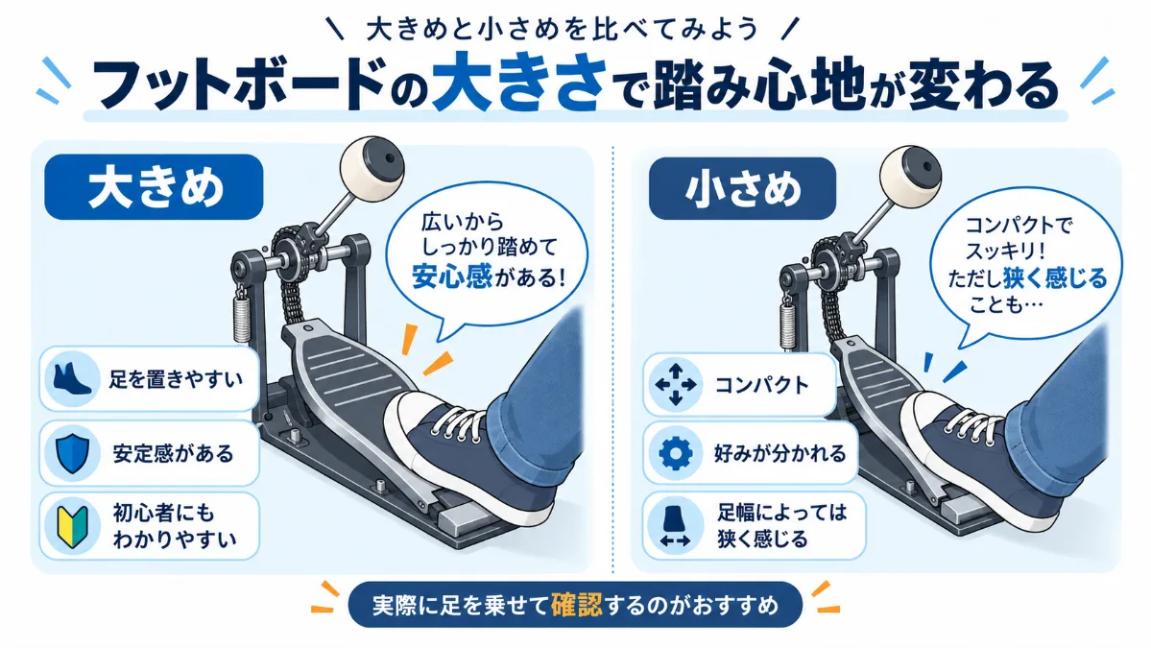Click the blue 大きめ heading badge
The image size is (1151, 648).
tap(154, 187)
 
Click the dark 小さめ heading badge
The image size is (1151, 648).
tap(742, 188)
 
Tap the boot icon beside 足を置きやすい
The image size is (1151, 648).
tap(71, 378)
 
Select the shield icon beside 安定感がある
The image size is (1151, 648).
tap(72, 453)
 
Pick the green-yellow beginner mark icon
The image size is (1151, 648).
tap(72, 525)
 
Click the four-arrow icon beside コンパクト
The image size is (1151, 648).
tap(675, 385)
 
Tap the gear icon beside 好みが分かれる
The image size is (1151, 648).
tap(675, 453)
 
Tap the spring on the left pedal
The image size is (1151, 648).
tap(242, 316)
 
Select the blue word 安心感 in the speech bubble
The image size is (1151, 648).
tap(451, 277)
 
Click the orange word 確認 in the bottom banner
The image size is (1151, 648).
tap(576, 605)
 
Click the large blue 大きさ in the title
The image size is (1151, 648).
tap(519, 83)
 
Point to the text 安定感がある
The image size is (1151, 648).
tap(173, 453)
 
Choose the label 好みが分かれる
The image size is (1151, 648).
tap(779, 453)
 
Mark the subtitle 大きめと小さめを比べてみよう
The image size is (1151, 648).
tap(563, 30)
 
